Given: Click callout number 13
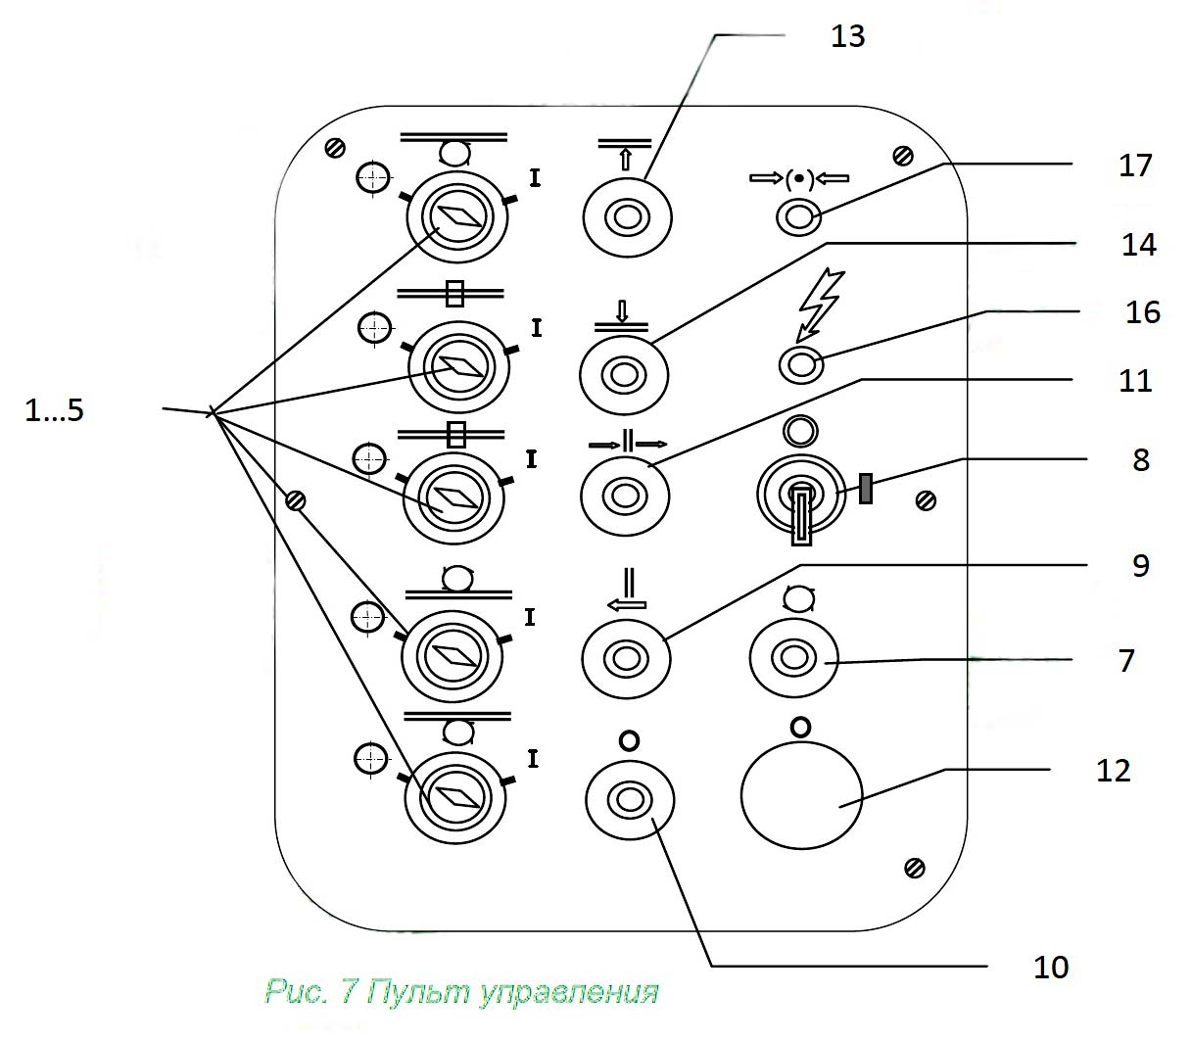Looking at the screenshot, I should (847, 37).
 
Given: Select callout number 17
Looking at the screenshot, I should (1135, 166).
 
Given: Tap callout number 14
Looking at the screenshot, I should (1138, 244).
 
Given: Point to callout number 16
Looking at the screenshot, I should (1142, 312).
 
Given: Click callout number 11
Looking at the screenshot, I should (1135, 380).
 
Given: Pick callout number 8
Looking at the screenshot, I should (1140, 459).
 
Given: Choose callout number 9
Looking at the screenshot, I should (1140, 565).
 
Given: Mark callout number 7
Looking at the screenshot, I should (1126, 660).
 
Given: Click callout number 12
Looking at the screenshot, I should (1114, 771).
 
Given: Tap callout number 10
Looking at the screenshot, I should (1051, 968).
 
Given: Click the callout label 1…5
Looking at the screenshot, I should (55, 410).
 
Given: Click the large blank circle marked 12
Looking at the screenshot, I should (801, 794).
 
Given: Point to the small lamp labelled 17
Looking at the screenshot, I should (798, 216).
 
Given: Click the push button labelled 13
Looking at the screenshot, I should (627, 216).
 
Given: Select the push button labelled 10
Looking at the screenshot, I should (629, 800).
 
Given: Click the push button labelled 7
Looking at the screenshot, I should (792, 657).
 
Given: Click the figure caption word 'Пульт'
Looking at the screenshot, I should (418, 992).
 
